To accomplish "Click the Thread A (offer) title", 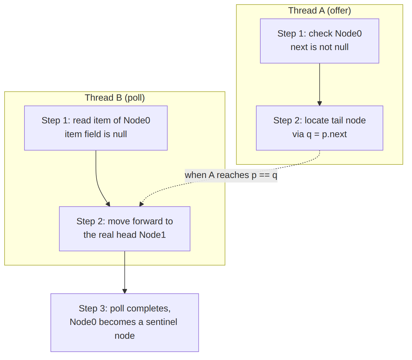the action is (319, 11).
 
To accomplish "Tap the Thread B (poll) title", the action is (115, 98).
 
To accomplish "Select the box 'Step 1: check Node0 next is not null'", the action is (319, 41).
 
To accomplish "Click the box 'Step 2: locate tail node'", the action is (319, 128).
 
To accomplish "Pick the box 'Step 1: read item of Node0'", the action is (96, 128).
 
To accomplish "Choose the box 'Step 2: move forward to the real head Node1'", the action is (125, 229).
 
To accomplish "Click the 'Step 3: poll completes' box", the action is (125, 323).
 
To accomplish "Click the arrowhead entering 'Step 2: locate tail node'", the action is (319, 104).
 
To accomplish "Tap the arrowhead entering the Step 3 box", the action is (125, 291).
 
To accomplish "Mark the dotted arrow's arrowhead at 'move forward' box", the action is (141, 204).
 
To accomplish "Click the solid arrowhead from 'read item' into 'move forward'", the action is (108, 204).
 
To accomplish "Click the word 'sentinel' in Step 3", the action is (161, 322).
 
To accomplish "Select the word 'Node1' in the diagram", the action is (153, 235).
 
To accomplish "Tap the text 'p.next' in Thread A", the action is (334, 134).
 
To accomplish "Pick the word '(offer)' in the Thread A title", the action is (339, 11).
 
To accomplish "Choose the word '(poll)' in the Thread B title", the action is (135, 98).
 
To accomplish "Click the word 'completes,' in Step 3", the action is (140, 309).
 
